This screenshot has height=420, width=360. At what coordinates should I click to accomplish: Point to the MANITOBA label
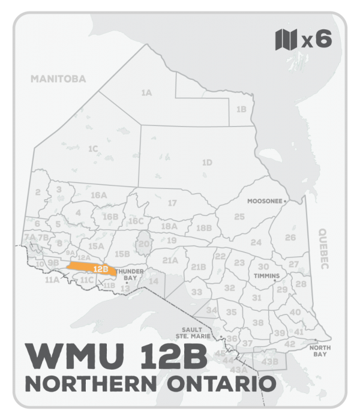tap(59, 79)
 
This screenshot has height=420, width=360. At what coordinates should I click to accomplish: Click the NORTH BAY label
tap(318, 351)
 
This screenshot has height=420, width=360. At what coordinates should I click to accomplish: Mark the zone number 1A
tap(146, 93)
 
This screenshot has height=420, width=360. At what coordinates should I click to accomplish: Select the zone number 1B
tap(241, 109)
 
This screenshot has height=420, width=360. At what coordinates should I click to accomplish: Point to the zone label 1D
tap(207, 162)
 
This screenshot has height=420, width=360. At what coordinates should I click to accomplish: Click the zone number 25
tap(239, 217)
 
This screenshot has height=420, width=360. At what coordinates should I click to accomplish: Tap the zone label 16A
tap(98, 196)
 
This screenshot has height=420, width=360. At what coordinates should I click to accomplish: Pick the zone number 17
tap(172, 203)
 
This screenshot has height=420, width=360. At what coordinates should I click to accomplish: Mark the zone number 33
tap(197, 292)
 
